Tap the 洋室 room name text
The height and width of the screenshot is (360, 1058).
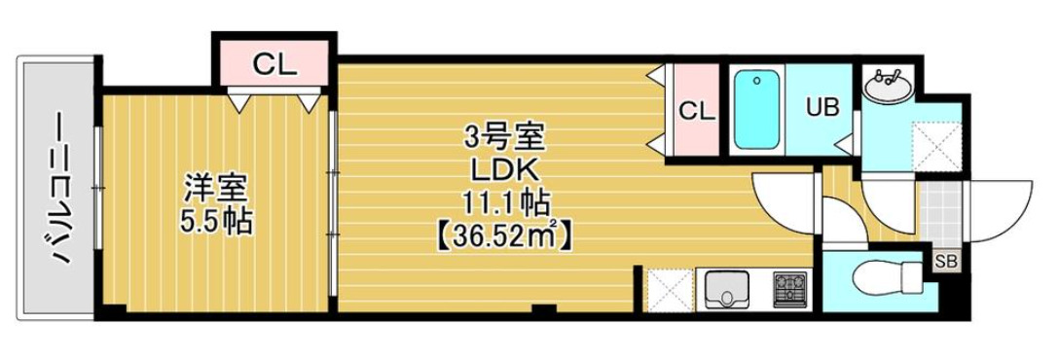tap(215, 186)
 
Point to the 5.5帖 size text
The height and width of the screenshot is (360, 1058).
tap(215, 222)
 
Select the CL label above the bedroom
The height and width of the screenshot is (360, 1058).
tap(274, 65)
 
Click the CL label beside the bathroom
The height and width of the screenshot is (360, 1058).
tap(696, 110)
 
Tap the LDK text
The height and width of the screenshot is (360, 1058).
tap(504, 170)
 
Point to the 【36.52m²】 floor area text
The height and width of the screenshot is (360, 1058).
tap(504, 234)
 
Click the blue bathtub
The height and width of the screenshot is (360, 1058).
tap(758, 109)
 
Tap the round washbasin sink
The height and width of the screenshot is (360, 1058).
tap(887, 86)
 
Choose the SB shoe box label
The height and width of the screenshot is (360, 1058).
tap(944, 260)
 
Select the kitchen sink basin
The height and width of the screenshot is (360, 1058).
tap(725, 288)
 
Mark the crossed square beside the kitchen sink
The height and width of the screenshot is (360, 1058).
tap(669, 289)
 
